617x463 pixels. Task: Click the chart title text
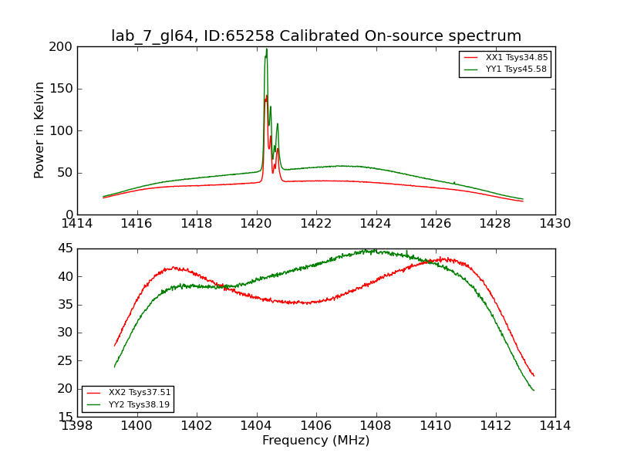316,36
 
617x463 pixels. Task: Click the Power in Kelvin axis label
39,130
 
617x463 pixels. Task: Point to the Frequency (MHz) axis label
316,441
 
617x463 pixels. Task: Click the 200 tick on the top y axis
62,46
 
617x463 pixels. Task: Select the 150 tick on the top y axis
62,89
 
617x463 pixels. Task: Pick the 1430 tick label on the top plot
555,223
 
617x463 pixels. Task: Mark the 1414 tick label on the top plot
77,223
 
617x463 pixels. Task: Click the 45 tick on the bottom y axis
65,248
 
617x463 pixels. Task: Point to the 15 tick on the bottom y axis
65,417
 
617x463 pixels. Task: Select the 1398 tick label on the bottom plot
77,425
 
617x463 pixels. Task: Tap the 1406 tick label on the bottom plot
316,425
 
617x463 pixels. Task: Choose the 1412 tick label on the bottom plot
495,425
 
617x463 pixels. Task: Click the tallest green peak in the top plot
267,50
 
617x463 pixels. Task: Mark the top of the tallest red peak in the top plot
266,96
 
